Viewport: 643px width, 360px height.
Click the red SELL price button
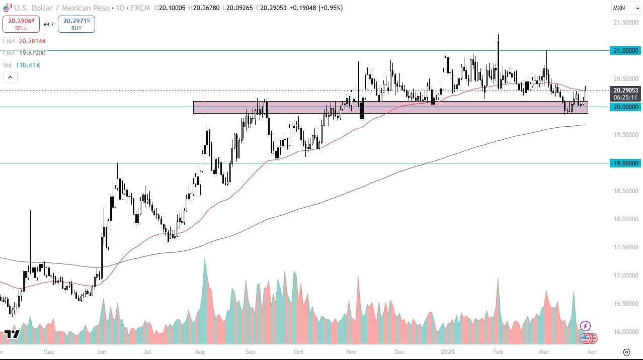pos(21,24)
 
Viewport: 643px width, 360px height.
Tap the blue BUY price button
pos(76,24)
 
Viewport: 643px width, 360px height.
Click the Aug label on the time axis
pos(200,352)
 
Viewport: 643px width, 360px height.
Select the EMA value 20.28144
pos(32,41)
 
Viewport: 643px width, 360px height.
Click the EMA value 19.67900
pos(32,53)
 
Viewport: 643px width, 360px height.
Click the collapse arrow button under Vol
pos(10,77)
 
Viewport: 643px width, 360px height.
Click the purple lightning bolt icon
pos(585,326)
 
